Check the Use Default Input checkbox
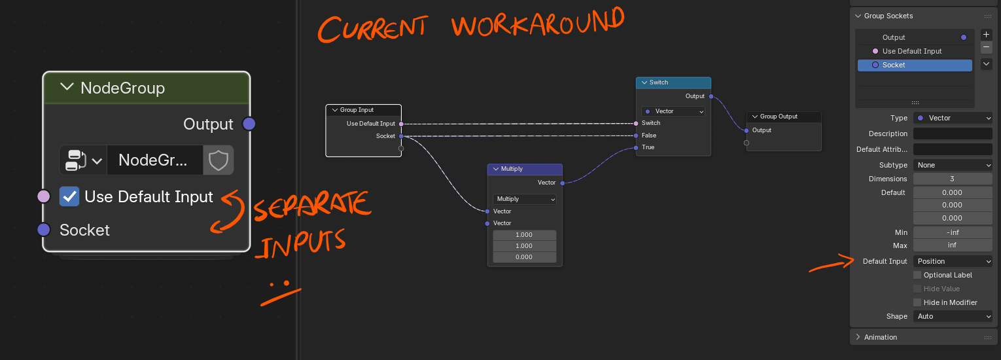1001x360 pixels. tap(69, 196)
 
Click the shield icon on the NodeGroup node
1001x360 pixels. tap(218, 160)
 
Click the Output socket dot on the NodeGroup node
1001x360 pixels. tap(249, 124)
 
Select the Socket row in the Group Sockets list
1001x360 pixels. tap(915, 65)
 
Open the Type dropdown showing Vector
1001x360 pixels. tap(953, 118)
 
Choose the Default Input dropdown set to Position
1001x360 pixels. tap(953, 261)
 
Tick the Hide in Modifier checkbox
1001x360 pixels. tap(917, 303)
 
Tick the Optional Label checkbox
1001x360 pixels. tap(917, 275)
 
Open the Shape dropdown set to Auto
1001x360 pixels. tap(953, 316)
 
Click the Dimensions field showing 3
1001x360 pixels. tap(953, 179)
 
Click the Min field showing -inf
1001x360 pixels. tap(953, 232)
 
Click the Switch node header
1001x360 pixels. tap(673, 82)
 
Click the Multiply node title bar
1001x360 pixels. tap(525, 169)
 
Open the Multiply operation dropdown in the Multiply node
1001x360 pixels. tap(525, 199)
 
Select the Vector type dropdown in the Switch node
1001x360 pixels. tap(673, 111)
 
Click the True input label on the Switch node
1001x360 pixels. tap(648, 147)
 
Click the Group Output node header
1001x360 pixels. tap(784, 117)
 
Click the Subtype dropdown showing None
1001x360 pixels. tap(953, 165)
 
